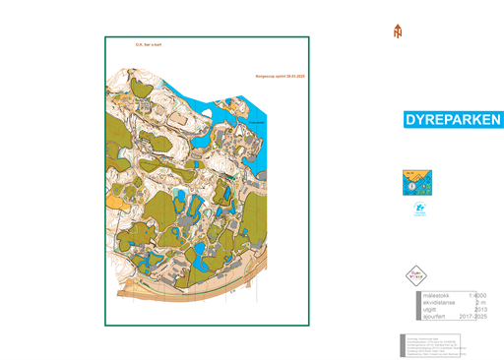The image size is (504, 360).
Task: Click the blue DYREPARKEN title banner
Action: (454, 120)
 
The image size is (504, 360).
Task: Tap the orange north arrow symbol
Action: (398, 31)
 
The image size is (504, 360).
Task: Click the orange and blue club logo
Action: (417, 183)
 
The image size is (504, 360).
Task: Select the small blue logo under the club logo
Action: (417, 209)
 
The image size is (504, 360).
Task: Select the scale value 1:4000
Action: (479, 295)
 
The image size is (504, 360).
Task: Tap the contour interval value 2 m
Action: (481, 303)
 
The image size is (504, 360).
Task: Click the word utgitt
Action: (429, 311)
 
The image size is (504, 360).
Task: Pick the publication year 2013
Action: (481, 311)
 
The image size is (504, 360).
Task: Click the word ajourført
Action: (435, 319)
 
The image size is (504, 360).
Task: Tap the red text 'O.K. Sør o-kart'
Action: (149, 43)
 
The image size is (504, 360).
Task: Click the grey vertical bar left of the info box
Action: (407, 307)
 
